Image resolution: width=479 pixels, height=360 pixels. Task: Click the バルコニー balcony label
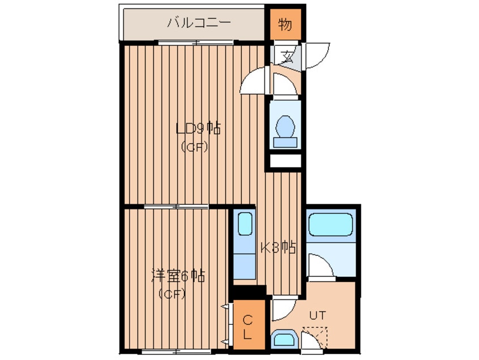[x=199, y=23]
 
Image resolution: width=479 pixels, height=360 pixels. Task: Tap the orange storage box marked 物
[x=285, y=24]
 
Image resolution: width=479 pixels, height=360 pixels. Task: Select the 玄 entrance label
[x=287, y=57]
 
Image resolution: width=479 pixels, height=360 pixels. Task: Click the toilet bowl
[x=285, y=126]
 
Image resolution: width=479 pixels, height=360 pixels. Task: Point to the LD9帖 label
[x=198, y=128]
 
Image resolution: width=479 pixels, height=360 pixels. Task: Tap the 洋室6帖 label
[x=178, y=276]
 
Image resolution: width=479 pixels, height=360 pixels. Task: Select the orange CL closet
[x=249, y=324]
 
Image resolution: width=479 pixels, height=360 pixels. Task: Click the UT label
[x=318, y=315]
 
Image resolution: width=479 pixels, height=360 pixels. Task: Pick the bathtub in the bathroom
[x=331, y=224]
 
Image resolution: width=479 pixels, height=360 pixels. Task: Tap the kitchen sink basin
[x=245, y=224]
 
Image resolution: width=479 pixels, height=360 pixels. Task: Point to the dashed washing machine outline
[x=315, y=338]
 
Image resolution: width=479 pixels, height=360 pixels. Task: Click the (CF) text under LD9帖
[x=194, y=147]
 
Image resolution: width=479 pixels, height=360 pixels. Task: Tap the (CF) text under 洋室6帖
[x=172, y=294]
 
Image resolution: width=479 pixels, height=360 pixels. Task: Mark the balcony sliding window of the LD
[x=196, y=43]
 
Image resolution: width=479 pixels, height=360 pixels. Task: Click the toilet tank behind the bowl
[x=285, y=142]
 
